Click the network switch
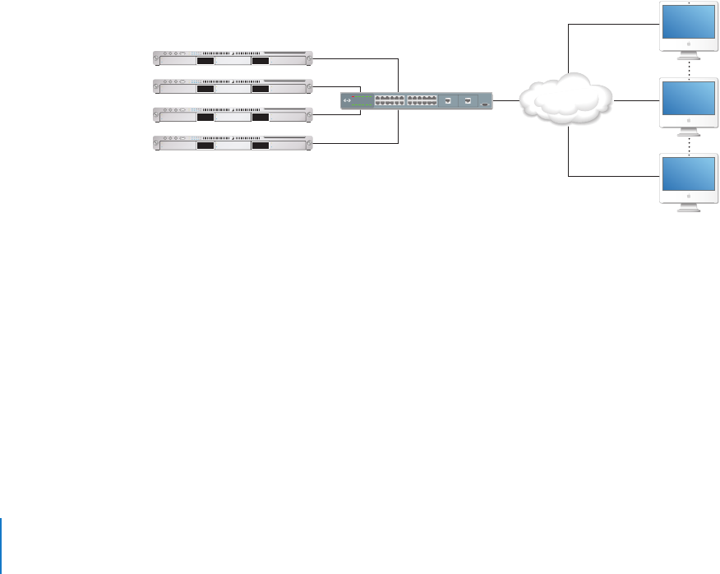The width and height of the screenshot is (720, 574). pos(418,100)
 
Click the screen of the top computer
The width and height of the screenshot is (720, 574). pos(688,25)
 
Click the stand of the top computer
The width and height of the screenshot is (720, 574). pos(688,55)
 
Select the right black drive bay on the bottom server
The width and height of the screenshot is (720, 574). pos(261,146)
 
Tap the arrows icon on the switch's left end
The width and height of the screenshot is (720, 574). pos(348,100)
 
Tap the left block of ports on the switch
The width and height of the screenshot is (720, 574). pos(389,100)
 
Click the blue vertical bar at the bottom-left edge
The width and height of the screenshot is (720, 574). pos(1,545)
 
